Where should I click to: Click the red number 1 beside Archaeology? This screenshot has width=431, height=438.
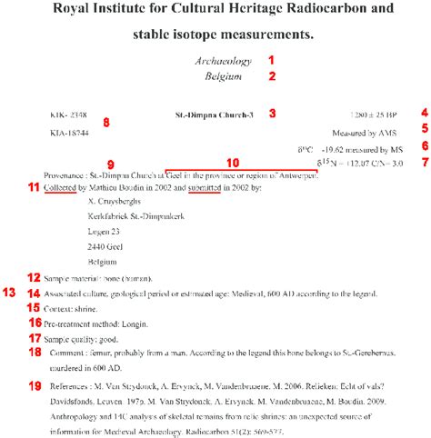point(270,60)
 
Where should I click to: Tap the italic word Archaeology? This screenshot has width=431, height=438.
point(222,61)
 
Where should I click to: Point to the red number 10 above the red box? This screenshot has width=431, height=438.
point(233,163)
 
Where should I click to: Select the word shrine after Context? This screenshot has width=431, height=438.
point(88,308)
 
